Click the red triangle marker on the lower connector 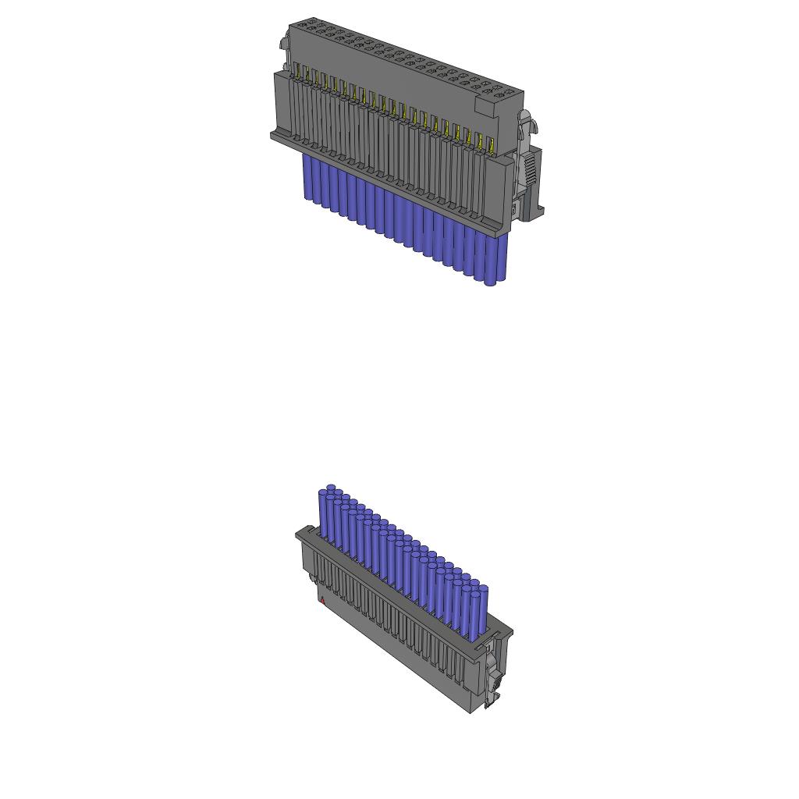click(322, 600)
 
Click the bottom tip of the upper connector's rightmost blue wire click(490, 282)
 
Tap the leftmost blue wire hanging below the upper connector click(307, 178)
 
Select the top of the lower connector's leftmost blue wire click(331, 489)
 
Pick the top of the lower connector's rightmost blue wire click(483, 588)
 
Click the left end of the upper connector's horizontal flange click(274, 136)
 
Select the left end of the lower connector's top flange click(299, 533)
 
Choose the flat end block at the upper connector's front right click(498, 192)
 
